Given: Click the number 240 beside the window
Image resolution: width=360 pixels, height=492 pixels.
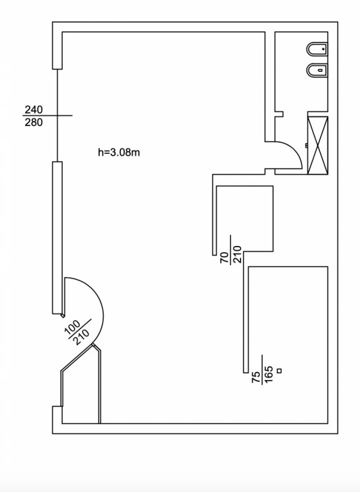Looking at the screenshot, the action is pos(34,110).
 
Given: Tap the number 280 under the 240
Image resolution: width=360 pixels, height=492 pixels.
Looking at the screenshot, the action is pos(34,122).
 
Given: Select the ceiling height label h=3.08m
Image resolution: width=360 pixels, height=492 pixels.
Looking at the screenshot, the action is pos(119,153).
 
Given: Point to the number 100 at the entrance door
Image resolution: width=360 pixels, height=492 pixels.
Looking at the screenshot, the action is pos(73,327).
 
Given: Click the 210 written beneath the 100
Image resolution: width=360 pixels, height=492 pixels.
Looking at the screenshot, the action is pos(81,336).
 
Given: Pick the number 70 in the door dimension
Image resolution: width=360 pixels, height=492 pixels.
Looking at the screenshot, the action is pos(225,258).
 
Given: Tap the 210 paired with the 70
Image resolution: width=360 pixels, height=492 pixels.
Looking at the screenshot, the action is pos(238,255).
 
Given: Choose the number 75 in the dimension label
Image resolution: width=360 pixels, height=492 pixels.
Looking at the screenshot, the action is pos(257,377).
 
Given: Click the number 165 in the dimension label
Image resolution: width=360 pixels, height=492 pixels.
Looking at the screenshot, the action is pos(269,375).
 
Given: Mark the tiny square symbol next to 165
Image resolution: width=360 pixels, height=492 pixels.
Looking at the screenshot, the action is pos(279,371).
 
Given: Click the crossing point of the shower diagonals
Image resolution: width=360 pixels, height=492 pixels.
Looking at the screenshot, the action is pos(318,145).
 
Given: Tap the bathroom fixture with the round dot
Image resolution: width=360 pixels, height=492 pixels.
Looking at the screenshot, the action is pos(318,49).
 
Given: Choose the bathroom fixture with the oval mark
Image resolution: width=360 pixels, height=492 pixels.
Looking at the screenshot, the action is pos(318,71).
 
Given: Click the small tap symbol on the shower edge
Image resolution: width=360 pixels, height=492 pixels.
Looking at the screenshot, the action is pos(306,145).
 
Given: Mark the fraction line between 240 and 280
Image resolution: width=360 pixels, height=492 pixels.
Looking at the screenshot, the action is pos(47,116).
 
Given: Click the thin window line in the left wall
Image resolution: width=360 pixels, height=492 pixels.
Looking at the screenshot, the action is pos(57,115).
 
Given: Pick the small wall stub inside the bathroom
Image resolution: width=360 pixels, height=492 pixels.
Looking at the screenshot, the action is pos(279,114).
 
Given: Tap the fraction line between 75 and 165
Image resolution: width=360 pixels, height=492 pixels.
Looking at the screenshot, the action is pos(262,370).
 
